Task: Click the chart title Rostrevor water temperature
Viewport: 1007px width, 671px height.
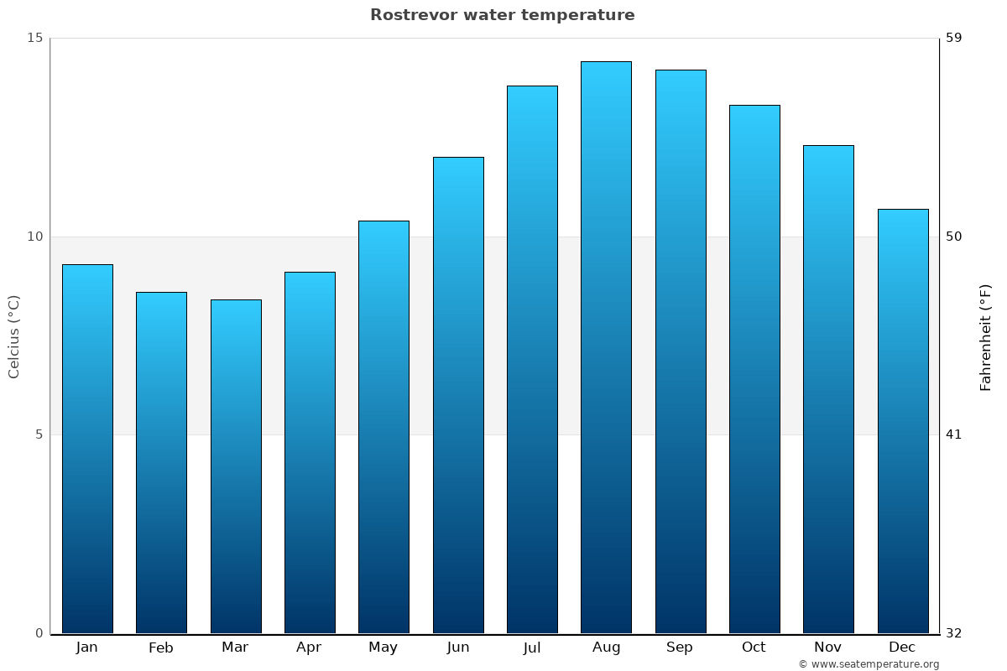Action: pyautogui.click(x=502, y=15)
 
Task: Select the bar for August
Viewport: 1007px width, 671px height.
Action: pyautogui.click(x=606, y=347)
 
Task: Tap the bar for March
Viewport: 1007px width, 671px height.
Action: pyautogui.click(x=236, y=466)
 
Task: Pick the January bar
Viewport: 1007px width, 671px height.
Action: pyautogui.click(x=87, y=449)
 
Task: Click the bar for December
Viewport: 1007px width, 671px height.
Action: pyautogui.click(x=903, y=421)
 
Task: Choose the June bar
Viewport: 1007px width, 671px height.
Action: pyautogui.click(x=458, y=395)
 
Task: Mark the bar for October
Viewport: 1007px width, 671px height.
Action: pyautogui.click(x=754, y=369)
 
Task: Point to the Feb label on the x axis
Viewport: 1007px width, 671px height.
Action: pyautogui.click(x=161, y=648)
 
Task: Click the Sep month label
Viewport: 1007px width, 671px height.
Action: pyautogui.click(x=680, y=648)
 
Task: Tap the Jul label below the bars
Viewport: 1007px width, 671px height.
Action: pyautogui.click(x=532, y=648)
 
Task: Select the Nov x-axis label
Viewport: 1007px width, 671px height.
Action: pyautogui.click(x=828, y=648)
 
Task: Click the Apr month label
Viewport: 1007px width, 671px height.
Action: pyautogui.click(x=309, y=648)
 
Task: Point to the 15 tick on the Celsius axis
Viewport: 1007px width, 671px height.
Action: pyautogui.click(x=34, y=38)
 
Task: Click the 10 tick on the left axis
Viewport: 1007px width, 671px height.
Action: pyautogui.click(x=34, y=237)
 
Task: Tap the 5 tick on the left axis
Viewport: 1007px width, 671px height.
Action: pyautogui.click(x=38, y=434)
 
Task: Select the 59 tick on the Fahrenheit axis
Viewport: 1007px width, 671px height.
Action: pyautogui.click(x=954, y=38)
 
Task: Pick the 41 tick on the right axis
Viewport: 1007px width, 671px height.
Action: pyautogui.click(x=954, y=434)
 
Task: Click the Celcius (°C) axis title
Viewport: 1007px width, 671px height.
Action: pyautogui.click(x=14, y=336)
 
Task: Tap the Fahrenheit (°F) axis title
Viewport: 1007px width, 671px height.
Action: pyautogui.click(x=985, y=336)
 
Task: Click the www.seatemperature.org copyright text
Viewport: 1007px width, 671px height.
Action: pyautogui.click(x=869, y=664)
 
